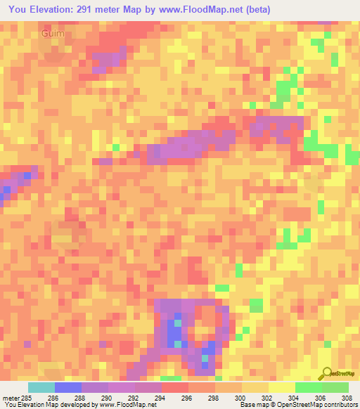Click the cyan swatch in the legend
[41, 387]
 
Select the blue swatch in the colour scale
[68, 387]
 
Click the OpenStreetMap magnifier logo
[326, 373]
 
